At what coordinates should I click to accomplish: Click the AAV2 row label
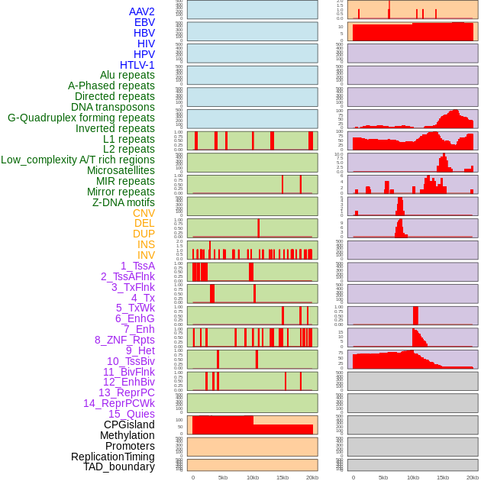pos(141,11)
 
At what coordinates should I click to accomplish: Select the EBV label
pos(144,22)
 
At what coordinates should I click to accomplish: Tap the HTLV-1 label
pos(137,65)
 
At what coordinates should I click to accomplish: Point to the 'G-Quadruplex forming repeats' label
pos(81,118)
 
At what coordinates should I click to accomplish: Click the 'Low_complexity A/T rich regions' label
pos(78,160)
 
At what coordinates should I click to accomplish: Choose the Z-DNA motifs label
pos(124,202)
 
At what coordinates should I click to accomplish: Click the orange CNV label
pos(144,213)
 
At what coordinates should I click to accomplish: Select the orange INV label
pos(146,255)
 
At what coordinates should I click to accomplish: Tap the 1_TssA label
pos(137,266)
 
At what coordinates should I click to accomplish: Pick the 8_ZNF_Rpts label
pos(124,340)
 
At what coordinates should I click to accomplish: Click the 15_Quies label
pos(131,414)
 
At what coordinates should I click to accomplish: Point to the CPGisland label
pos(129,425)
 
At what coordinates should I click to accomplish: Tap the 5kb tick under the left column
pos(223,477)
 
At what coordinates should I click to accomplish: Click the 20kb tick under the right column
pos(473,477)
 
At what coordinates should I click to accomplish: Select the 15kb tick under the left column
pos(282,477)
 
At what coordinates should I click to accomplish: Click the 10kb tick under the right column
pos(413,477)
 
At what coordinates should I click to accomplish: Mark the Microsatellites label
pos(121,170)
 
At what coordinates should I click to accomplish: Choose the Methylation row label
pos(122,435)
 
